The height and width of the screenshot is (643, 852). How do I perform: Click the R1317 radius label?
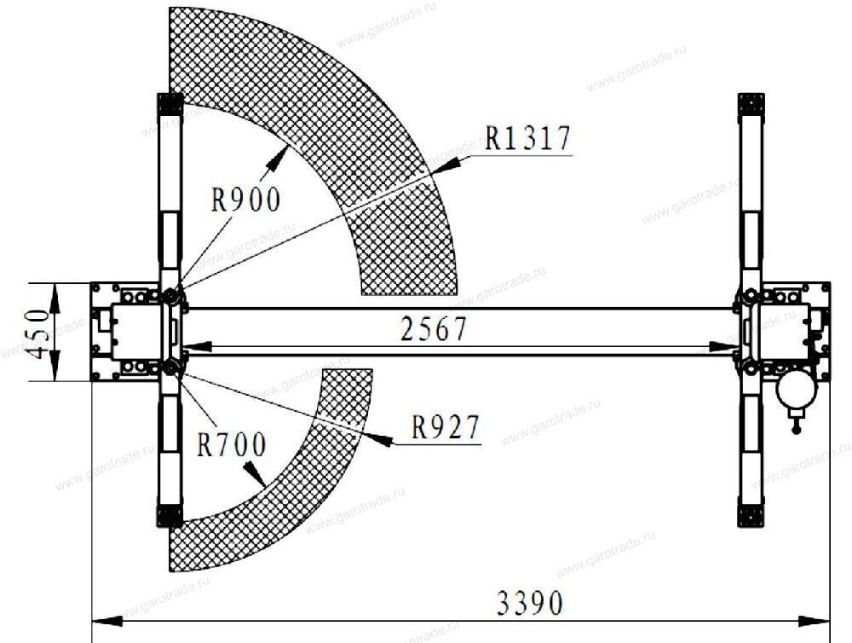click(x=527, y=138)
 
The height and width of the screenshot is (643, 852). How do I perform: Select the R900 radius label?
click(x=245, y=200)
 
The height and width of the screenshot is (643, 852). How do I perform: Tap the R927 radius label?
click(x=446, y=426)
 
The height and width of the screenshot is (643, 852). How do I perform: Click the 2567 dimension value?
click(x=435, y=329)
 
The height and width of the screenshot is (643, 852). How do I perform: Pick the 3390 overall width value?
click(x=529, y=604)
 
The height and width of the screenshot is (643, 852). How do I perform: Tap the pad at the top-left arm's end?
click(x=170, y=104)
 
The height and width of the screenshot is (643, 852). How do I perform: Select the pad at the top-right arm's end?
click(x=751, y=104)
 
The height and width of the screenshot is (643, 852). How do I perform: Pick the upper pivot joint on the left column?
click(x=173, y=296)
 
